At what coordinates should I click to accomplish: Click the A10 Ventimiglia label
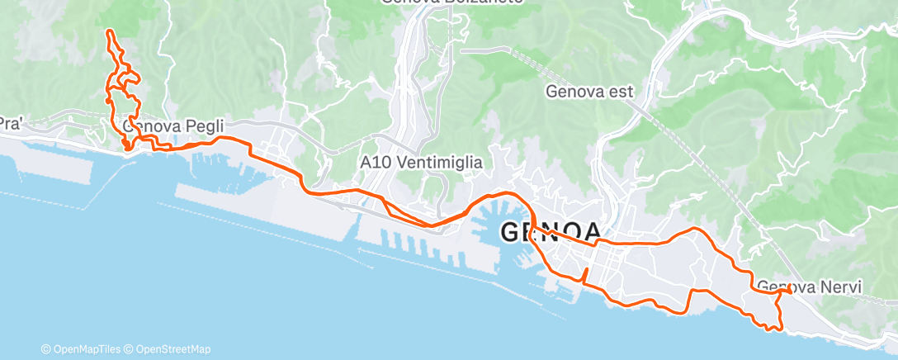(421, 163)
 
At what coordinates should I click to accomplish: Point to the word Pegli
(184, 127)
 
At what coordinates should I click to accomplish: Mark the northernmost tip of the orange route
(109, 31)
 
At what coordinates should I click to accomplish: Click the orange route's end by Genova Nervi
(790, 290)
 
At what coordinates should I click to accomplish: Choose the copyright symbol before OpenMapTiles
(46, 349)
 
